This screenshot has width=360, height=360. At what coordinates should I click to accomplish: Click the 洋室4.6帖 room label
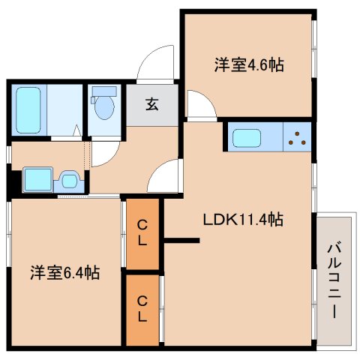coord(249,65)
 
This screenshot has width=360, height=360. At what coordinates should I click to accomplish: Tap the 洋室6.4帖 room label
coord(65,272)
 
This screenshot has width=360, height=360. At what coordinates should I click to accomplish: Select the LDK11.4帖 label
coord(243,220)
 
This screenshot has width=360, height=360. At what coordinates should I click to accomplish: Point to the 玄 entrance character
coord(152,104)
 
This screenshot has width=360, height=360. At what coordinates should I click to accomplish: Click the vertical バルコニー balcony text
coord(334,280)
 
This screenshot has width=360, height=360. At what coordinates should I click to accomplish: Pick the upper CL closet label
coord(142,233)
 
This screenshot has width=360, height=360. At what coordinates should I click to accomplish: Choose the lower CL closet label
coord(142,309)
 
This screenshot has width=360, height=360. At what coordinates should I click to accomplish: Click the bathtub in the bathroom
coord(28,110)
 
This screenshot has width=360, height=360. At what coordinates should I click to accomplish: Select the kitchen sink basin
coord(247,138)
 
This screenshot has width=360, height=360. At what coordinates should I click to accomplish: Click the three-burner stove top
coord(297,137)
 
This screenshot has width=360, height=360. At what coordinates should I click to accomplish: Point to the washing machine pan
coord(38,179)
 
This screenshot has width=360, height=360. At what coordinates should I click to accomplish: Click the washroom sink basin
coord(69,181)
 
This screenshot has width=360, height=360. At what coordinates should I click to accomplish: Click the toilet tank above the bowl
coord(104,91)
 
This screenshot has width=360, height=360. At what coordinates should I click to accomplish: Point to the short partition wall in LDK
coord(181,241)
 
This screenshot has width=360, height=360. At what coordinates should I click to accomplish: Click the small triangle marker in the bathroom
coord(77,130)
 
